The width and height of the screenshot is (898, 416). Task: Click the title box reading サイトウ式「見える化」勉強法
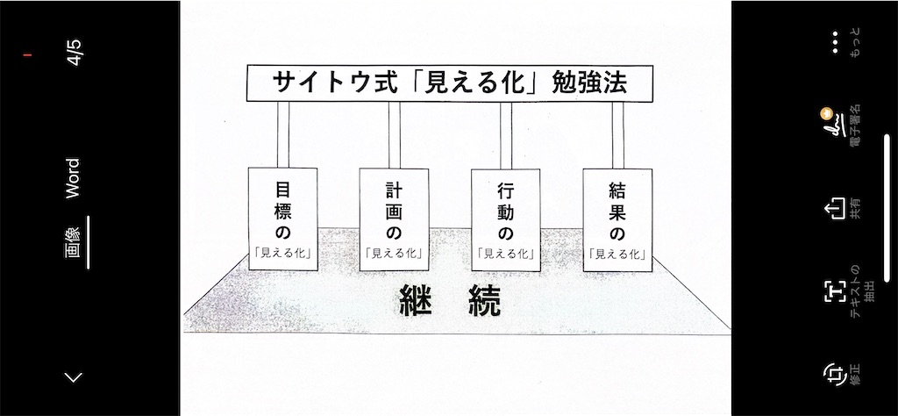click(x=450, y=83)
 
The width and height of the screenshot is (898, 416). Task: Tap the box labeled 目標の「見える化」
click(x=282, y=219)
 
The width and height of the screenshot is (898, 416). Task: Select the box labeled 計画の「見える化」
click(x=394, y=219)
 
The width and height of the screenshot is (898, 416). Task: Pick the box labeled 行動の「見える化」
click(x=505, y=219)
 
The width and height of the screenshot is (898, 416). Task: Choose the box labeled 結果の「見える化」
click(x=616, y=219)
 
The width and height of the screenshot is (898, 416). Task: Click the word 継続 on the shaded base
click(x=449, y=301)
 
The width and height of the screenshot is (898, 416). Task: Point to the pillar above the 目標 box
click(x=282, y=134)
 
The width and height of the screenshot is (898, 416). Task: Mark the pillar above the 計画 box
click(x=394, y=134)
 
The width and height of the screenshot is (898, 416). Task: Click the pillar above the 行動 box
click(x=506, y=134)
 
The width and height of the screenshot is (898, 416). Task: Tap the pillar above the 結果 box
click(x=617, y=134)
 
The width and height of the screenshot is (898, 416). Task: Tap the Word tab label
click(x=74, y=178)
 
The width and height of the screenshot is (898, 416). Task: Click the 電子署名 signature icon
click(x=833, y=127)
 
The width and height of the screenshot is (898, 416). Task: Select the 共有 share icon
click(x=834, y=210)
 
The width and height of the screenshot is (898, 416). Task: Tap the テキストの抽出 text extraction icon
click(x=834, y=291)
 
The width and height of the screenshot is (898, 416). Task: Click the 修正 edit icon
click(x=833, y=374)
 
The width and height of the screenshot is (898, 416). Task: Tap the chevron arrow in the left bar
click(x=75, y=377)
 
